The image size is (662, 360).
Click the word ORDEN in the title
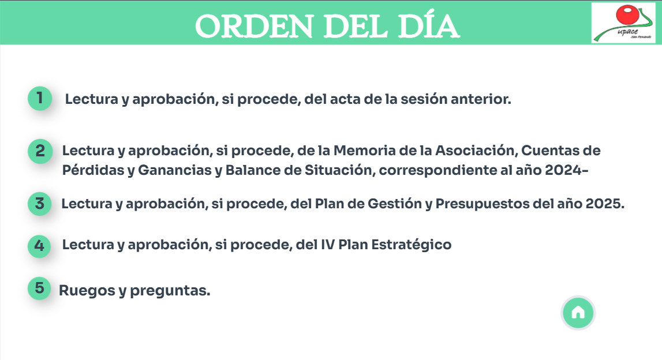[255, 26]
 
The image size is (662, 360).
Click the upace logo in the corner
[623, 23]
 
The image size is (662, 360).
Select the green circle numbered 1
[40, 98]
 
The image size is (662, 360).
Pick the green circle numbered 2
[40, 151]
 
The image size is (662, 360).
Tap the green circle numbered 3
[40, 204]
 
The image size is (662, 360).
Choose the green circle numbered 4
[39, 246]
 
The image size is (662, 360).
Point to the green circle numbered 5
[39, 288]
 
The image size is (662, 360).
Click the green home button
[578, 313]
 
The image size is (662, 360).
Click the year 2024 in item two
[563, 170]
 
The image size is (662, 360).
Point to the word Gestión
[395, 204]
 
